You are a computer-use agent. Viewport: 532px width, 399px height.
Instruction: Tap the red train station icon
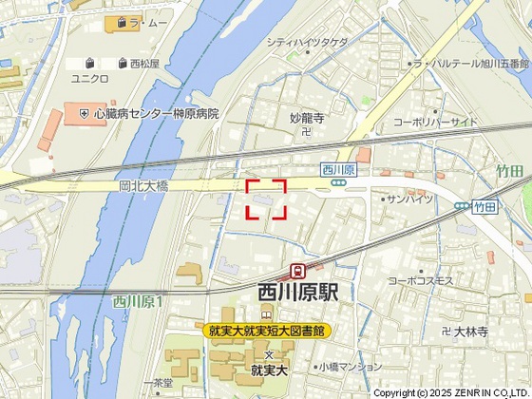(298, 272)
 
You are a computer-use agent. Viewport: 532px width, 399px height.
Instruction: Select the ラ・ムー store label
(148, 21)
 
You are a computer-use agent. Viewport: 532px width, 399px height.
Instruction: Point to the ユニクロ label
(91, 78)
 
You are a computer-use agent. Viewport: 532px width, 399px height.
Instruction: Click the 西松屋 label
(145, 64)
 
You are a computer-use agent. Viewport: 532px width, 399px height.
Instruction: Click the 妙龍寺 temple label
(307, 118)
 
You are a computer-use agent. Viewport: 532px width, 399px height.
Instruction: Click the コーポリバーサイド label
(435, 122)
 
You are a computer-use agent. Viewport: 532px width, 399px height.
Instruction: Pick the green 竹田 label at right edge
(509, 171)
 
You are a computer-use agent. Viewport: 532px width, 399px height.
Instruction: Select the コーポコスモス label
(423, 281)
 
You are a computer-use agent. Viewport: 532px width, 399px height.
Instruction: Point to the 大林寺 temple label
(470, 332)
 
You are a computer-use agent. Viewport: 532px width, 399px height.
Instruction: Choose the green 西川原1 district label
(139, 301)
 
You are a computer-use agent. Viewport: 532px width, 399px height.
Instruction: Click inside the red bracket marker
(267, 199)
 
